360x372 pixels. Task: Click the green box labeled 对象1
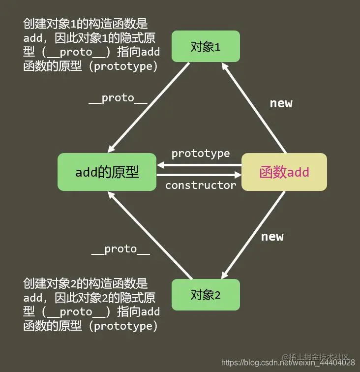click(206, 46)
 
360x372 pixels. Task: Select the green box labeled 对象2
click(206, 295)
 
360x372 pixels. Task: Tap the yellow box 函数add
click(284, 172)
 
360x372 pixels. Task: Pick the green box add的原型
click(107, 172)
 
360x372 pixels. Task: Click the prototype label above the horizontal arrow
click(200, 154)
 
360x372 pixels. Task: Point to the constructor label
click(201, 186)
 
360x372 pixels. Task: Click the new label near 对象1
click(281, 103)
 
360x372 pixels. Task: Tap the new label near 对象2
click(272, 237)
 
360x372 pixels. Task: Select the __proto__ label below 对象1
click(118, 98)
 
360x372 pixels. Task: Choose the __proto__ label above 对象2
click(120, 249)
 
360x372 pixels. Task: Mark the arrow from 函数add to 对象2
click(255, 234)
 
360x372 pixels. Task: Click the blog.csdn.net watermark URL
click(288, 363)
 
